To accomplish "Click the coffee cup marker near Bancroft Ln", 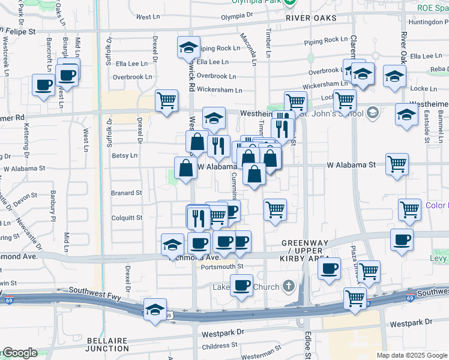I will [x=43, y=85].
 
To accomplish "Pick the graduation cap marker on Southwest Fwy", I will [x=155, y=310].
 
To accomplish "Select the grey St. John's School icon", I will [x=372, y=112].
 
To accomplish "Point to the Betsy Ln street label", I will [x=124, y=155].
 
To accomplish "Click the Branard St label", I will [x=126, y=193].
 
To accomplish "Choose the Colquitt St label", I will [x=126, y=218].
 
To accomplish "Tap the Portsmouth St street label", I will [x=222, y=266].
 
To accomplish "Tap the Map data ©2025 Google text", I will [x=412, y=355].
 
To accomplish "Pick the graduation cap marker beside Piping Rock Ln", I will [x=188, y=47].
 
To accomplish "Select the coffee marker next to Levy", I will [x=402, y=239].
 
